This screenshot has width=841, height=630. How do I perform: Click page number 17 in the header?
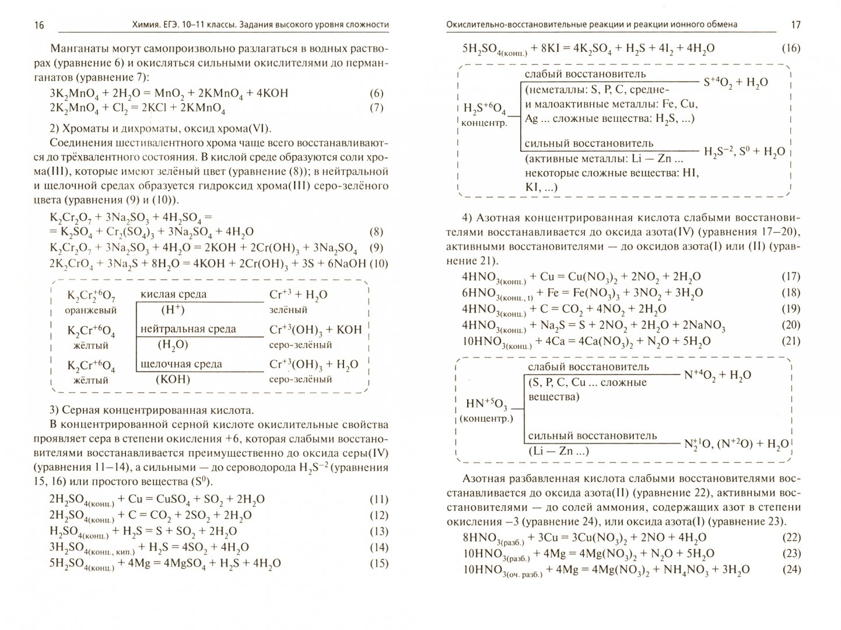796,24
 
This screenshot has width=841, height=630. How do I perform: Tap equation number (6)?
377,93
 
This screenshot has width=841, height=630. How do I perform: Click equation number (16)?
790,48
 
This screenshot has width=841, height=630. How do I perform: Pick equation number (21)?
790,341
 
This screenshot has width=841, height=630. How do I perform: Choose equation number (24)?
790,570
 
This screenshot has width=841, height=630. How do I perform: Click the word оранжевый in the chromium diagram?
92,310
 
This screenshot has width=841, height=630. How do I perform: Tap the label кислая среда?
173,295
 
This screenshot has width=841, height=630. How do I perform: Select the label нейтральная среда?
188,329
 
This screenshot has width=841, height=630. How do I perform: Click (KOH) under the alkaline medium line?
173,379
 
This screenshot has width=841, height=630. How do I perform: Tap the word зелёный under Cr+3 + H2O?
288,310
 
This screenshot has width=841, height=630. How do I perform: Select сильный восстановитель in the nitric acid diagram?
584,436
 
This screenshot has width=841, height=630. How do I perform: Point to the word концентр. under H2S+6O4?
483,123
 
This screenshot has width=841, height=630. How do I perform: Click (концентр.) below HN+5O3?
486,419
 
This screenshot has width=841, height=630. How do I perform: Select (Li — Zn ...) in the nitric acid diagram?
558,451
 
